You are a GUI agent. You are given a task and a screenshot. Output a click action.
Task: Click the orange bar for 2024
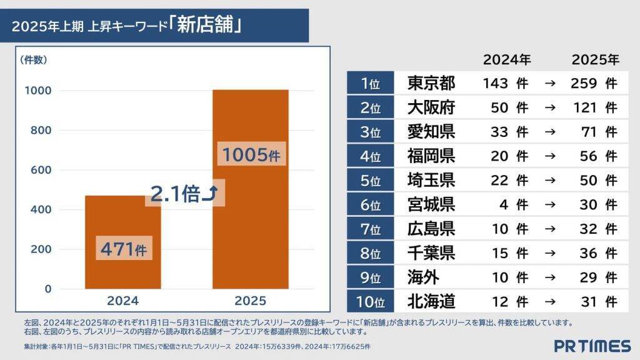tap(122, 219)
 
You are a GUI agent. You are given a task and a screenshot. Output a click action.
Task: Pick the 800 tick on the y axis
tap(38, 131)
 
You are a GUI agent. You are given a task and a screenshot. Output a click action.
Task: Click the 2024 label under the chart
tap(122, 300)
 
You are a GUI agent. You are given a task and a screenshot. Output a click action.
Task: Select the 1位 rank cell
tap(371, 83)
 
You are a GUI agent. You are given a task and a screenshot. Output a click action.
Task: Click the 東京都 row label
tap(431, 83)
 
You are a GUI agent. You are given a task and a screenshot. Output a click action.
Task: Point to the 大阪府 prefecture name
tap(431, 107)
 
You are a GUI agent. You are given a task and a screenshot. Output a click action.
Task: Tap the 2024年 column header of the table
tap(506, 60)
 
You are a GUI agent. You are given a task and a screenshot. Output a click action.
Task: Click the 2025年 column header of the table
tap(595, 60)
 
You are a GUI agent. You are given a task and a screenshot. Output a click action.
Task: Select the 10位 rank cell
tap(371, 302)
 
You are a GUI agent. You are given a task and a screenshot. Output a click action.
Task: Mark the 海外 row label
tap(423, 277)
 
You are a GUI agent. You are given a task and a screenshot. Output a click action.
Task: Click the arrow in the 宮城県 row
tap(550, 204)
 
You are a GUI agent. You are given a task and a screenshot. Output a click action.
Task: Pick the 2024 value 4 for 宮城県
tap(502, 204)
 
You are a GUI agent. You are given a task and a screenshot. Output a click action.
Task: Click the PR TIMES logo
tap(592, 346)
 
